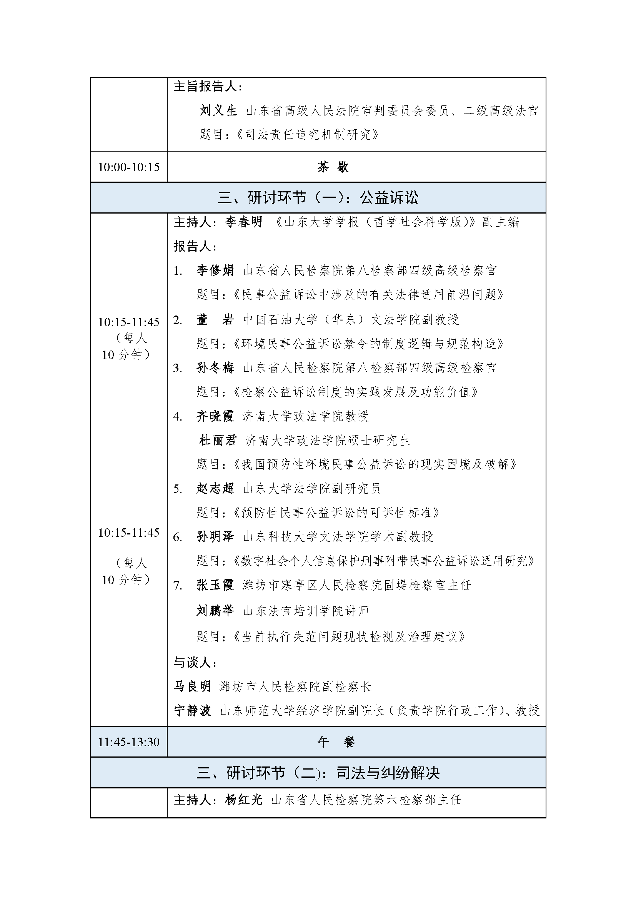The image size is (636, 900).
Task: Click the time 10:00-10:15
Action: coord(129,167)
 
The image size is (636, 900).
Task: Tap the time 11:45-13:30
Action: coord(129,742)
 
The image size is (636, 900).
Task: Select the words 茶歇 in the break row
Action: coord(333,167)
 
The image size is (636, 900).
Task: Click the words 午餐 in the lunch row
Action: coord(336,742)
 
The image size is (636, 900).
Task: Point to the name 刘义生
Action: coord(218,111)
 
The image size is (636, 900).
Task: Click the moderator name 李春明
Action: coord(243,222)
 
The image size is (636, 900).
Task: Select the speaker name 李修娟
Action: coord(215,271)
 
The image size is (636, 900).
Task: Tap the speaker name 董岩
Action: coord(215,320)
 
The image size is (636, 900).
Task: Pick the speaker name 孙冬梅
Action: coord(215,368)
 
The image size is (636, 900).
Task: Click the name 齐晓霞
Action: coord(215,416)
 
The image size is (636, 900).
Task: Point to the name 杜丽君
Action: coord(218,440)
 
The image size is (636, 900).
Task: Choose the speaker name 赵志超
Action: coord(215,488)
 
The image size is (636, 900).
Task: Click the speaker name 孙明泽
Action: coord(215,536)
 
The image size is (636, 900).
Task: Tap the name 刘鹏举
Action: coord(215,610)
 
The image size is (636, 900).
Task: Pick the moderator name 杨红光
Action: coord(243,800)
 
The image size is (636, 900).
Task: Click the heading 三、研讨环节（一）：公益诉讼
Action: coord(318,198)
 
